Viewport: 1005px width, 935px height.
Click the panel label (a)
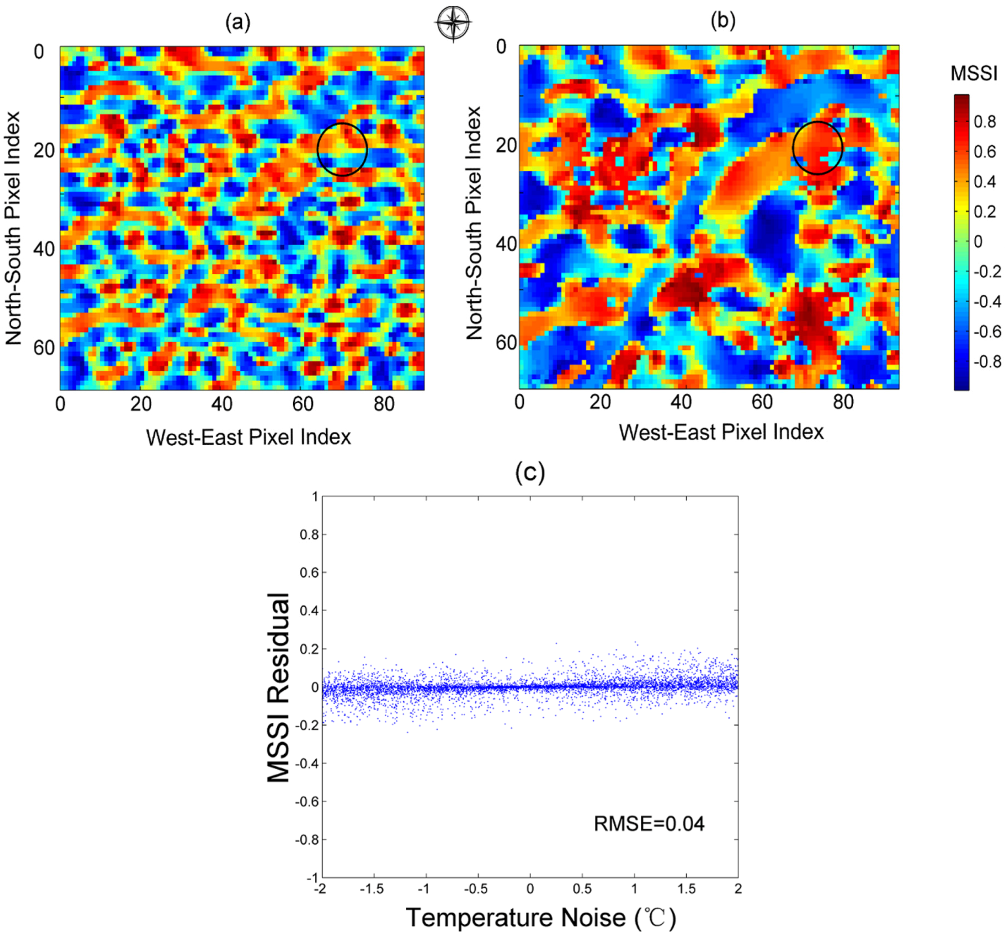[x=237, y=23]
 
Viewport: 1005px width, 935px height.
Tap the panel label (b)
[x=723, y=21]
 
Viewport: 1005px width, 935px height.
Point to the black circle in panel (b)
[x=817, y=148]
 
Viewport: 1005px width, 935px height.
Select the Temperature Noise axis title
[x=540, y=917]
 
